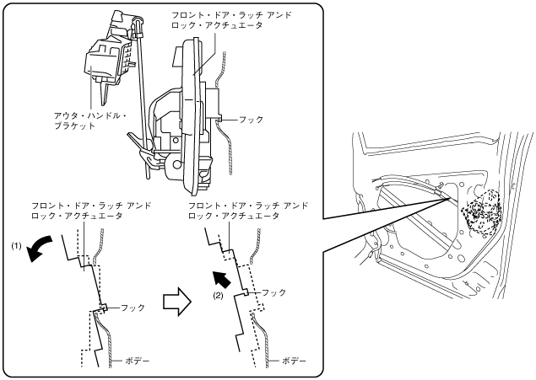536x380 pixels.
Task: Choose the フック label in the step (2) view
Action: (274, 292)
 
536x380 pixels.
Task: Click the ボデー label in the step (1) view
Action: (138, 360)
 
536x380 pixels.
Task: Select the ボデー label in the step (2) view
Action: (293, 360)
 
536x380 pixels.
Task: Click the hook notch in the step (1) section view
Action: (103, 308)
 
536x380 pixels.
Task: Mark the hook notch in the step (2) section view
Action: (246, 292)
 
